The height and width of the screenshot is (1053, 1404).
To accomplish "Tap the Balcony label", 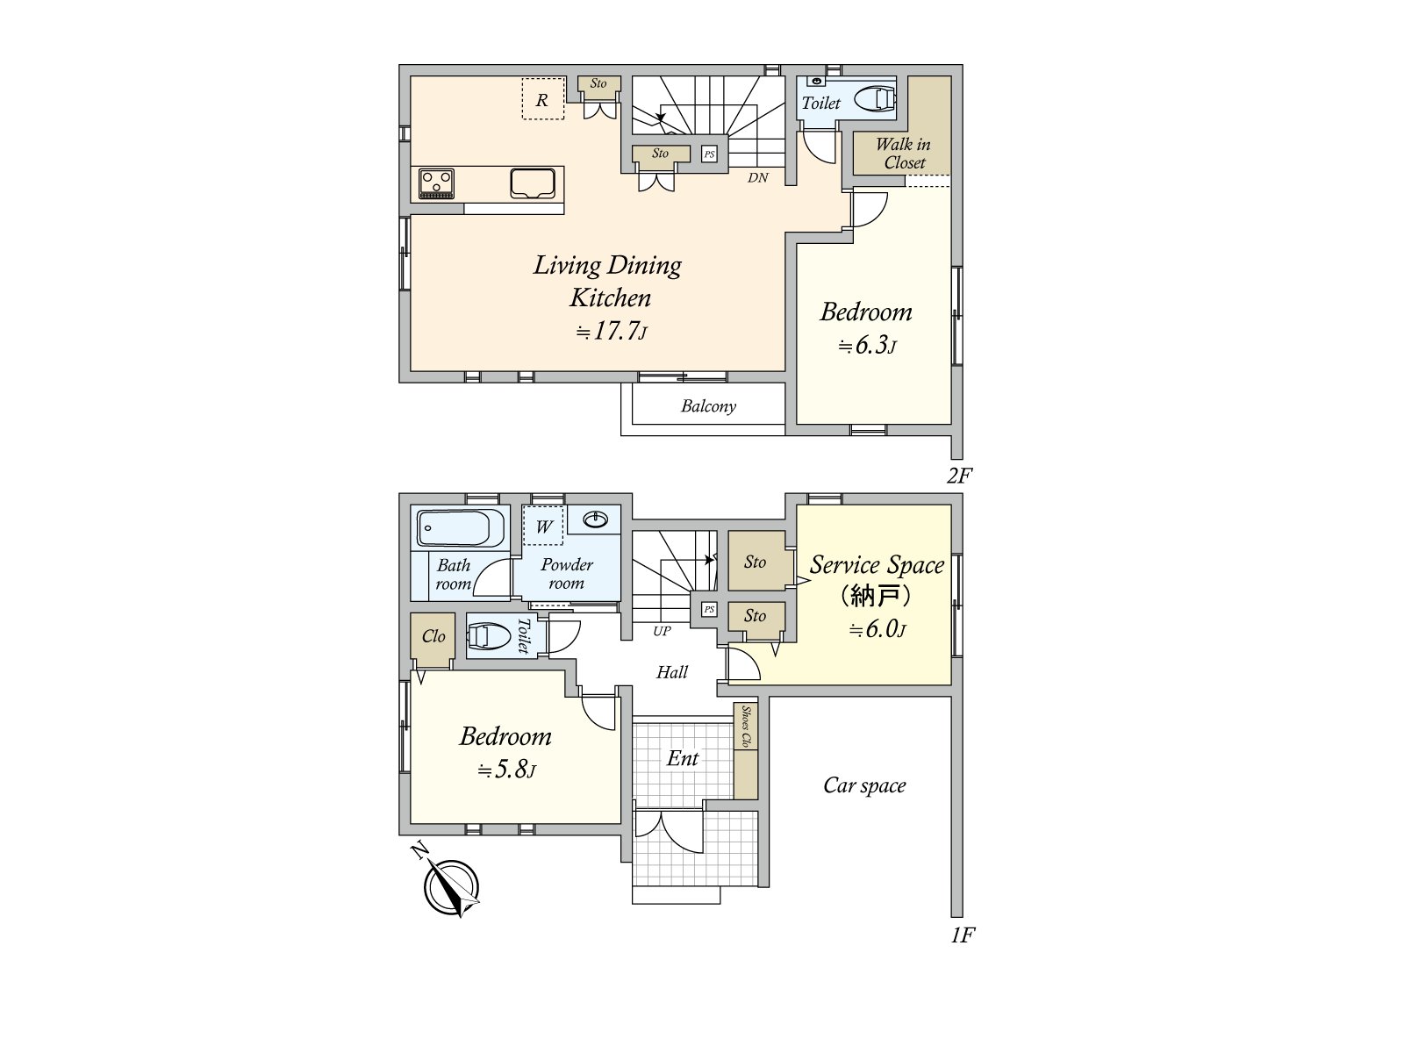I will coord(708,406).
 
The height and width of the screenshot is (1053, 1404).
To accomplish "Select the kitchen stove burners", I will coord(436,183).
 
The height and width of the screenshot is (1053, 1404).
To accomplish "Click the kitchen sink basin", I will coord(532,184).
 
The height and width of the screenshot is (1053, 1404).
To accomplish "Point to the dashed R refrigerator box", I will coord(542,99).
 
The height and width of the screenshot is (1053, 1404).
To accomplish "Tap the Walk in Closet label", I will coord(903,154).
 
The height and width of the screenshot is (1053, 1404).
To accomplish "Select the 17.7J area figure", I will coord(612,332).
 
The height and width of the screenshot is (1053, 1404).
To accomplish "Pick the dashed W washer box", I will coord(544,526).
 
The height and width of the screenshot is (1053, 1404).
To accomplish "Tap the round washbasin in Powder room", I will coord(595,520).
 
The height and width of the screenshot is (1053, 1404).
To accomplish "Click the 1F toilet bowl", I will coord(488,636).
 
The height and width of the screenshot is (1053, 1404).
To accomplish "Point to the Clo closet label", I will coord(433,636).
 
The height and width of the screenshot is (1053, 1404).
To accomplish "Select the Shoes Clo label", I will coord(746,727).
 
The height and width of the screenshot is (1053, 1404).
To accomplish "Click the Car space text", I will coord(863,785).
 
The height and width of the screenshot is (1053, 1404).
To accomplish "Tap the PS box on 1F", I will coord(709,609).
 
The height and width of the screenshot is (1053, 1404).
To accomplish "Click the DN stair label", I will coord(758,177).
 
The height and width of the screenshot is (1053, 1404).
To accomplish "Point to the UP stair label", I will coord(662,631).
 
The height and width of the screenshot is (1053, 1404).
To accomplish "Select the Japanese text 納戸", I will coord(875,596).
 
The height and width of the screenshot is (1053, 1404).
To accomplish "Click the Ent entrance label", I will coord(683,758).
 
